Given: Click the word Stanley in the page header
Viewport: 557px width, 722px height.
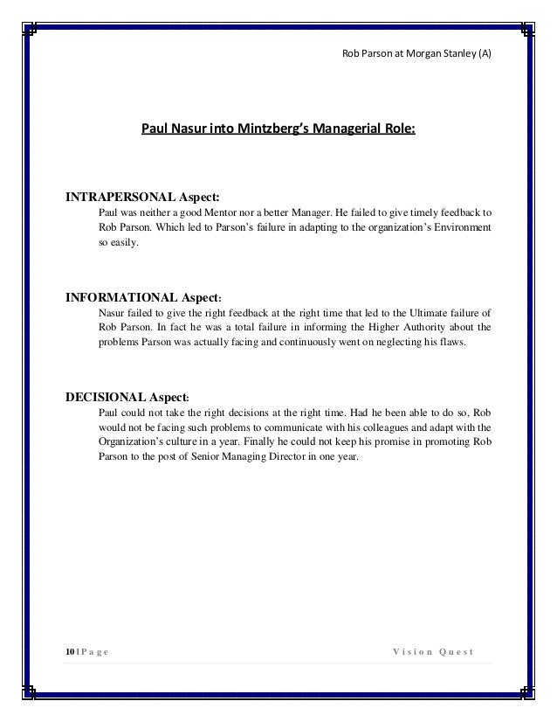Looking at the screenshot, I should pyautogui.click(x=452, y=53).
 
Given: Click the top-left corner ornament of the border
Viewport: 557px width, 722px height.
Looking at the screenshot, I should pyautogui.click(x=28, y=29).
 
